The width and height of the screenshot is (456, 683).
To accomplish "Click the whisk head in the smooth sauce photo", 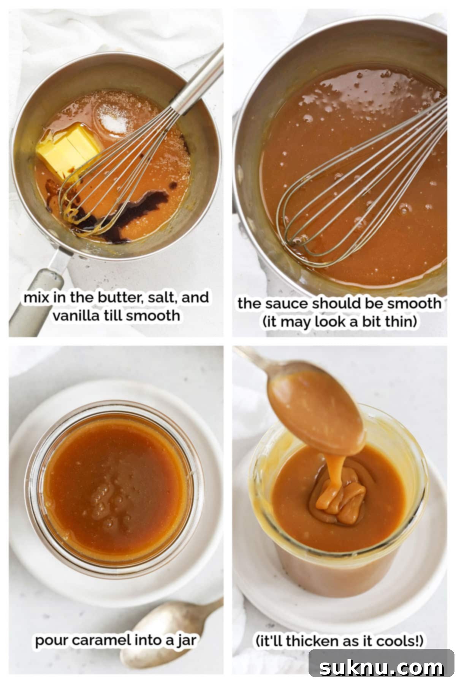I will pos(327,205).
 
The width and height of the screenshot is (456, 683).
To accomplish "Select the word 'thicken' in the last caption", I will pos(308,641).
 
